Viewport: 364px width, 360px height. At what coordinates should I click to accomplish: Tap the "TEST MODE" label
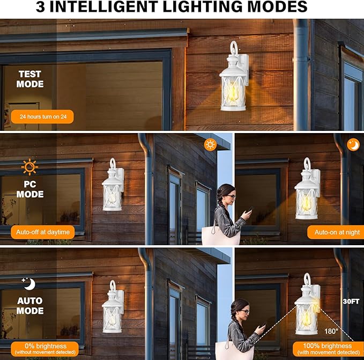[x=30, y=79]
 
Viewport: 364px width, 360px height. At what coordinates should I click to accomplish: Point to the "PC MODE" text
[x=30, y=189]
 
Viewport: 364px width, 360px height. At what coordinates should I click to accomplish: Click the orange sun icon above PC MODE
[x=29, y=167]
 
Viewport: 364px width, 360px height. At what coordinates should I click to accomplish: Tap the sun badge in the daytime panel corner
[x=210, y=145]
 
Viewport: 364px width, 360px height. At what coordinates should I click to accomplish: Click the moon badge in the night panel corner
[x=353, y=144]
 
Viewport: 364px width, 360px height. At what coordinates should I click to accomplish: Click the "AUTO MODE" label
[x=30, y=306]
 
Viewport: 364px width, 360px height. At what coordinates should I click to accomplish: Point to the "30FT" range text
[x=351, y=302]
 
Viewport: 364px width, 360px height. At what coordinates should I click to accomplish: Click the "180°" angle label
[x=331, y=330]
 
